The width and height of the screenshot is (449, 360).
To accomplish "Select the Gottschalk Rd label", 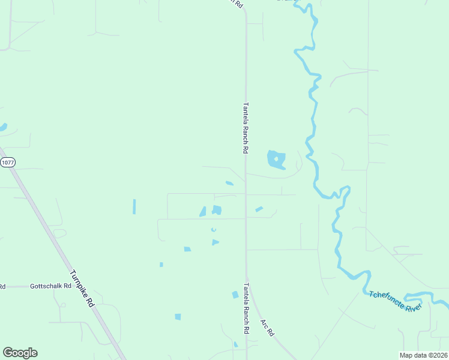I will click(x=50, y=287).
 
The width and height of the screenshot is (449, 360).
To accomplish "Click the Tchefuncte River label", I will click(x=396, y=301).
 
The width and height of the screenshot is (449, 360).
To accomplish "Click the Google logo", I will click(x=20, y=353).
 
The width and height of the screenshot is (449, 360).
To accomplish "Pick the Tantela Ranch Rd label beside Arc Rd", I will click(x=246, y=308).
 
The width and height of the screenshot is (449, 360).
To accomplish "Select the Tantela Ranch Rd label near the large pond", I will click(x=245, y=126).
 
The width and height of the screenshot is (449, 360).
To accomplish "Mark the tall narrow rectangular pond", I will click(x=134, y=206).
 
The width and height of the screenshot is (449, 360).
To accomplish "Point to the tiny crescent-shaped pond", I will click(x=213, y=229).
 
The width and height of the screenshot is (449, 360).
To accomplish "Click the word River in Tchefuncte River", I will click(x=414, y=307).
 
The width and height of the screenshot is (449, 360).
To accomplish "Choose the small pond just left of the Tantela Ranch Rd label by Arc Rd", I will click(x=235, y=295).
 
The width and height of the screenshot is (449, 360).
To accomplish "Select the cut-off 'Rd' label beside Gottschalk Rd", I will click(x=2, y=287).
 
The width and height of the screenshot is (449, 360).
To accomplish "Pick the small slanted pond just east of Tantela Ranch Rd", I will click(x=259, y=209).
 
